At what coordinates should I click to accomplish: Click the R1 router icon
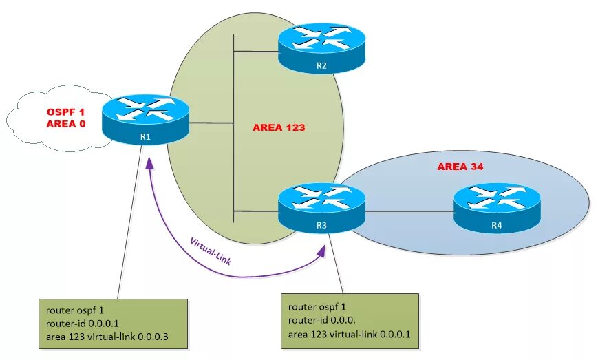click(x=145, y=121)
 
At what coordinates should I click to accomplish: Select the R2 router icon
click(x=321, y=48)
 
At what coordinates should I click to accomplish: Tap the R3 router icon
click(x=321, y=207)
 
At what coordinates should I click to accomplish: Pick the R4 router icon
click(x=497, y=208)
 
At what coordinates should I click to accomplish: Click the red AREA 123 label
click(x=279, y=127)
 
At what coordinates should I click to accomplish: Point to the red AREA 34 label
click(x=461, y=167)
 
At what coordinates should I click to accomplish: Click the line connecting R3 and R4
click(x=409, y=211)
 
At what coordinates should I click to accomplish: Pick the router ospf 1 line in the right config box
click(x=318, y=307)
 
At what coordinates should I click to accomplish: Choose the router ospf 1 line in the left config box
click(x=73, y=310)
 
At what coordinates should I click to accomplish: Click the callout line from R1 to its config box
click(x=131, y=227)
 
